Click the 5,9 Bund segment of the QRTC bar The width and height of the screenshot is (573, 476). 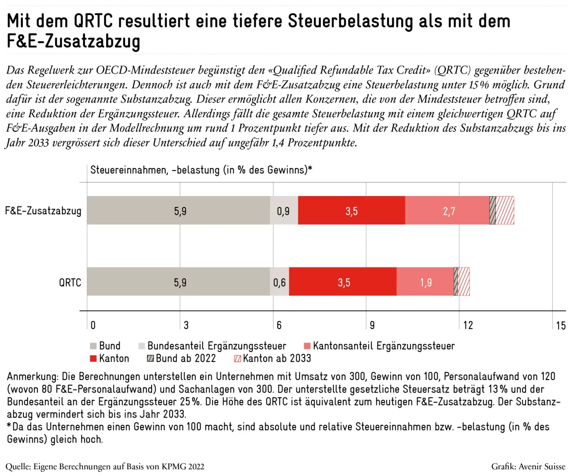[178, 282]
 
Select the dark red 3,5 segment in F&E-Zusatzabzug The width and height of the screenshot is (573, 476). [352, 210]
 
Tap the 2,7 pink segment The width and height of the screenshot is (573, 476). [447, 210]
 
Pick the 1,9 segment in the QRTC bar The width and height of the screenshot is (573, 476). [425, 282]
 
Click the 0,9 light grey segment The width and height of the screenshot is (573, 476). [284, 210]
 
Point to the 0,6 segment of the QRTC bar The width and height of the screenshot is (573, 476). [280, 282]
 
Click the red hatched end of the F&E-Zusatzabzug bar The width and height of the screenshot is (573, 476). [505, 210]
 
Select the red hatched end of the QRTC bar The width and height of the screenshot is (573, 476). [464, 282]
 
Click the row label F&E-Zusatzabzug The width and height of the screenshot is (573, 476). [43, 211]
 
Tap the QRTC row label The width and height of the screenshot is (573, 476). [70, 283]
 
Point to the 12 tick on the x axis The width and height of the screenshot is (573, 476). [468, 325]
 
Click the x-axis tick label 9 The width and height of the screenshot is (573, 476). [372, 325]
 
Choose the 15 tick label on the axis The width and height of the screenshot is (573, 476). [561, 325]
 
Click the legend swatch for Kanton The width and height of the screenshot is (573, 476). [93, 359]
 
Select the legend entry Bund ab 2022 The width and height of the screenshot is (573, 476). [181, 358]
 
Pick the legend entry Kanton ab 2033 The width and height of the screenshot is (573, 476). [272, 358]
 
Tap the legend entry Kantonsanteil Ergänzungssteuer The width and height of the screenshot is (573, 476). [379, 346]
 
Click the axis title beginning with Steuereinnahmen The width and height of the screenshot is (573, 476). [202, 170]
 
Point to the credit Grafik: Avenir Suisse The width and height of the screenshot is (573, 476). [528, 467]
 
